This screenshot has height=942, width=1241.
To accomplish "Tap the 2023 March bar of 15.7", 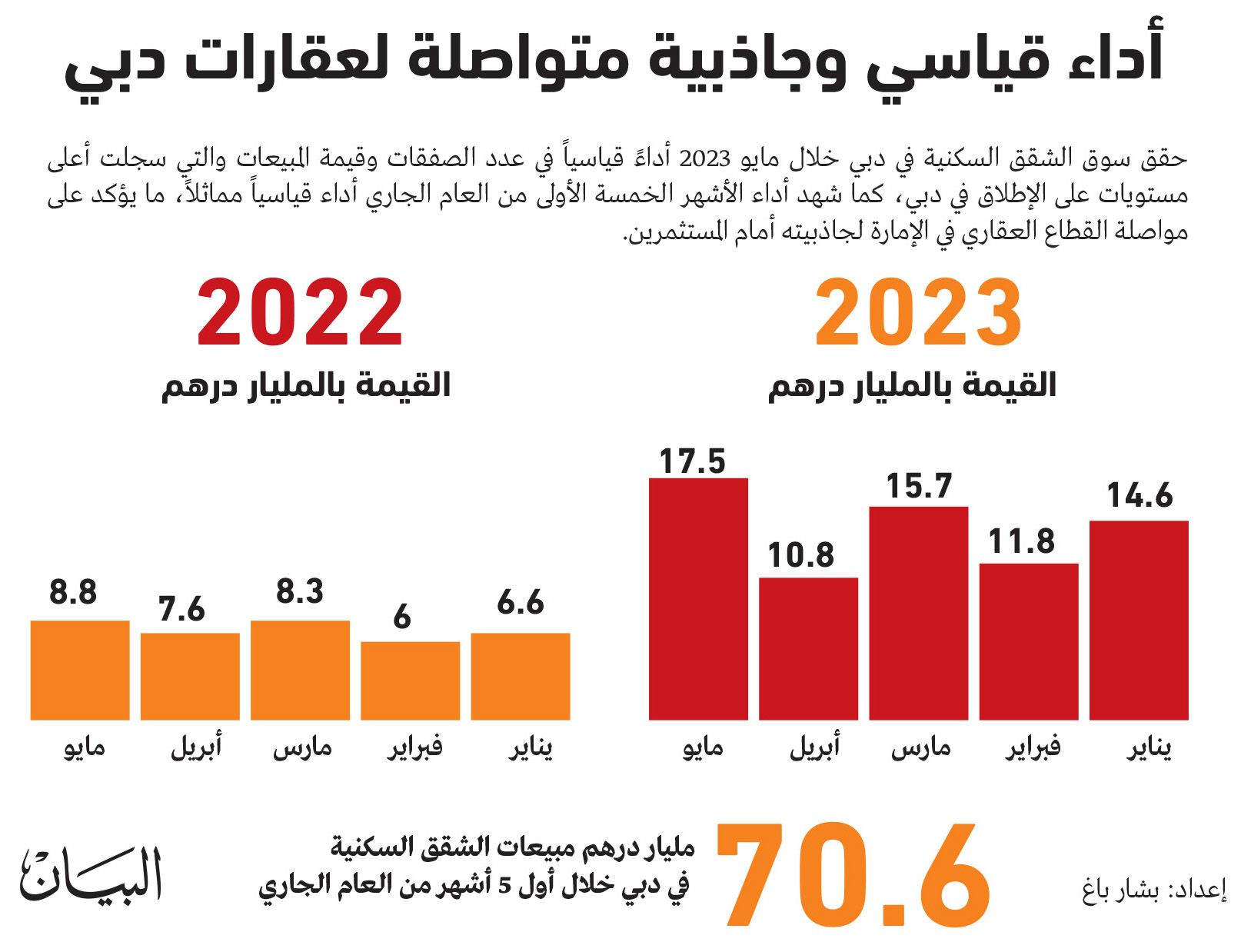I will click(918, 613).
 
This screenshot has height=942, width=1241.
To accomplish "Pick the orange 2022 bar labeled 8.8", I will click(80, 670).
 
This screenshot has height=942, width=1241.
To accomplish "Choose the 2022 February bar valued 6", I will click(410, 681).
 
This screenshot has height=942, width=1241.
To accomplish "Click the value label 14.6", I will click(1140, 496).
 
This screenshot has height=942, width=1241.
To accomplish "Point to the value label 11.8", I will click(1021, 542).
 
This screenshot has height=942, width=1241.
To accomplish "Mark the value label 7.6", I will click(182, 610).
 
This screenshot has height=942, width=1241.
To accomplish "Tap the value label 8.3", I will click(300, 592).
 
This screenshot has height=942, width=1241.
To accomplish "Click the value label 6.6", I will click(521, 602).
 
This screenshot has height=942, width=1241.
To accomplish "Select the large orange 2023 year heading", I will click(918, 314).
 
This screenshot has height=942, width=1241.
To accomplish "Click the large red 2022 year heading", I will click(300, 314).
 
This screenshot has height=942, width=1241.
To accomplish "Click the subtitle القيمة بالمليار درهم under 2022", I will click(305, 385).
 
